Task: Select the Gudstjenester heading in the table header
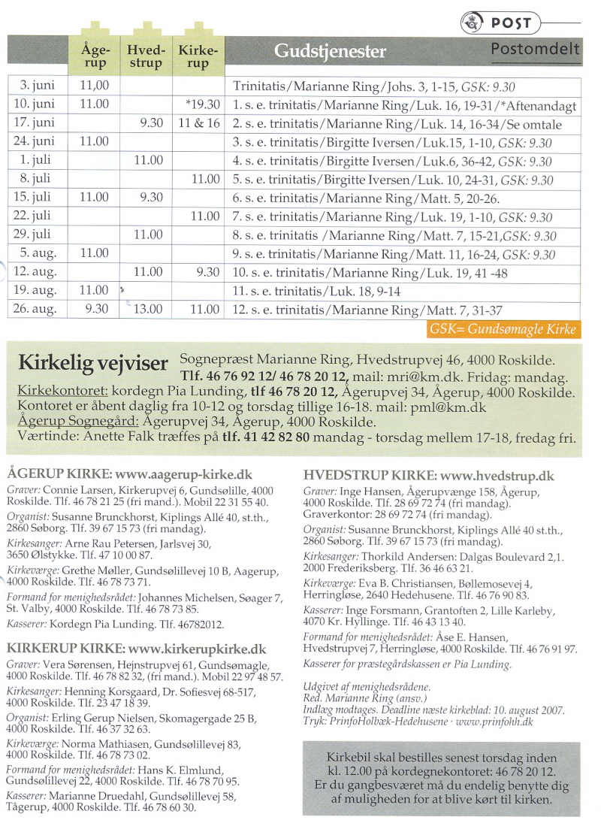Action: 330,51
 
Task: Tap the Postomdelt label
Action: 536,50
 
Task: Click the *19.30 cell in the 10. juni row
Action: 203,104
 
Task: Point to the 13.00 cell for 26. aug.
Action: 147,308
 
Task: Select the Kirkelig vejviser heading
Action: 92,364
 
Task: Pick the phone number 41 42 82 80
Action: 267,437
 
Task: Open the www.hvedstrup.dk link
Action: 497,475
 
